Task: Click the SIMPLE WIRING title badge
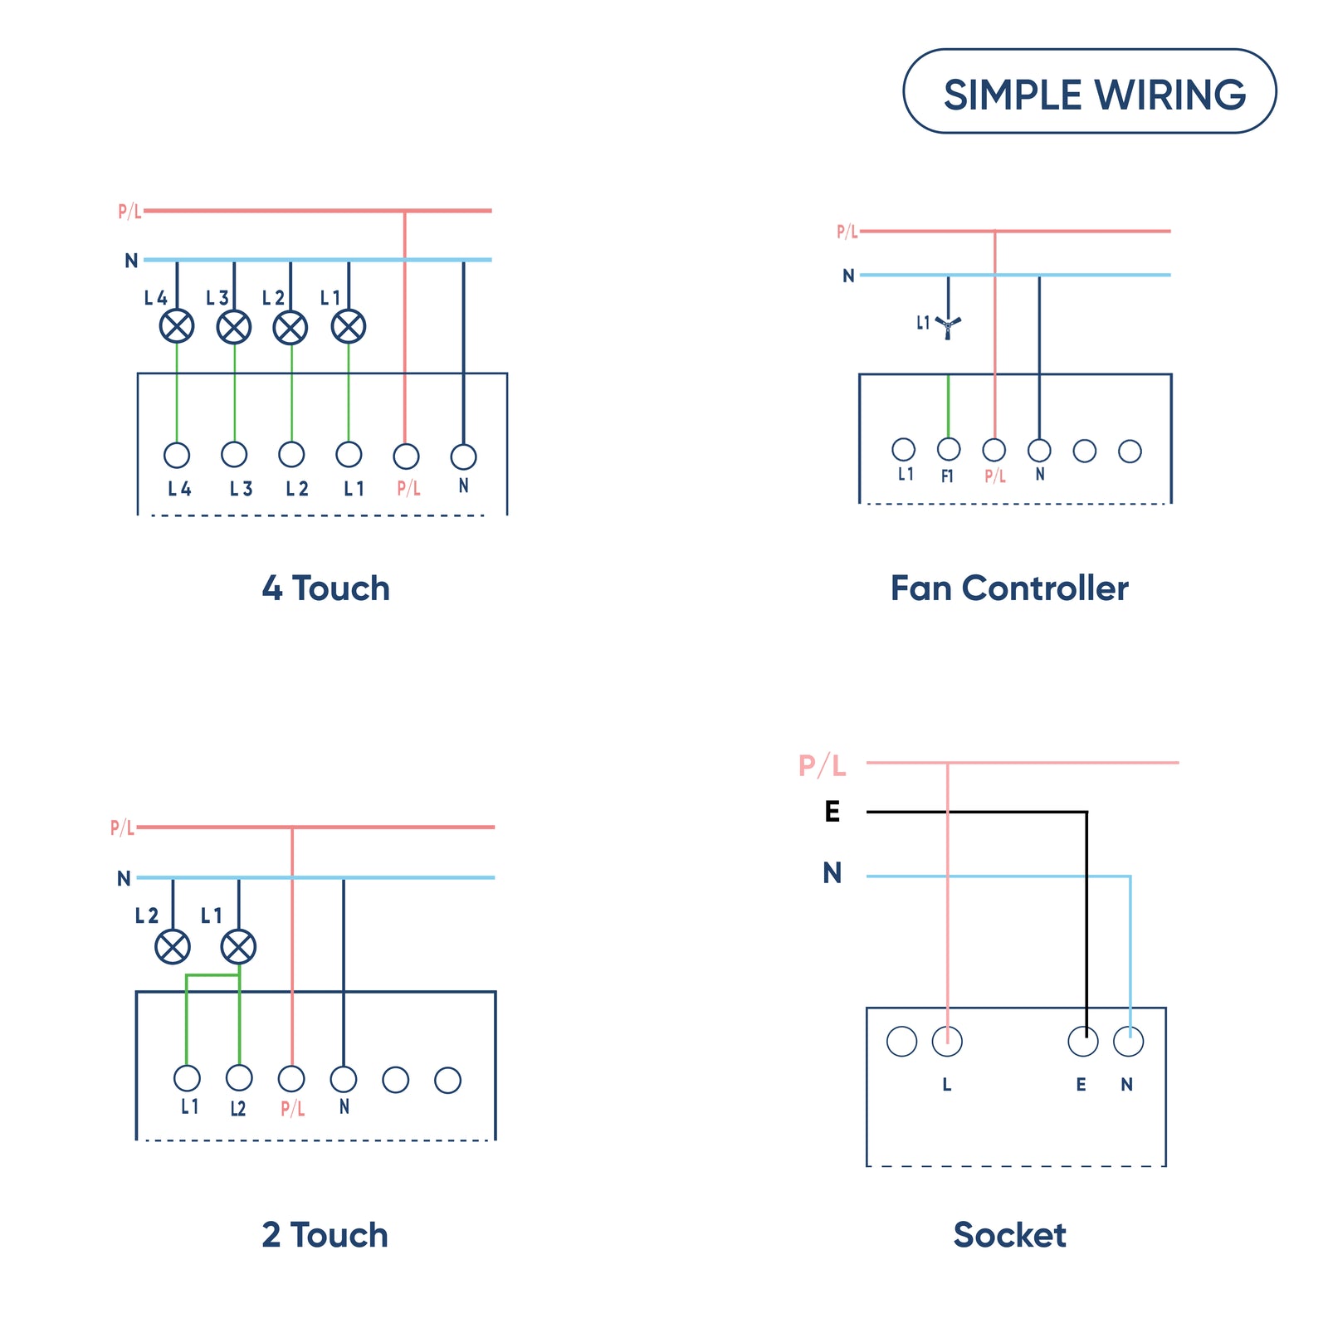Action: (1089, 91)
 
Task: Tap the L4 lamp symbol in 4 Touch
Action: (177, 326)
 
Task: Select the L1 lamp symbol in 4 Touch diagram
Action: (349, 326)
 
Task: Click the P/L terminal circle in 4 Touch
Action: (406, 456)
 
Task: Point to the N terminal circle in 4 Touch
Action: (463, 456)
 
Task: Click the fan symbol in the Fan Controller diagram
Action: (948, 325)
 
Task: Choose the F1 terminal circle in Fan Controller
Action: (949, 449)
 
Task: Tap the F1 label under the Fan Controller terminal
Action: (947, 476)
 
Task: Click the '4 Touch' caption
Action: (325, 588)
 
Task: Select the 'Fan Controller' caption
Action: (1009, 588)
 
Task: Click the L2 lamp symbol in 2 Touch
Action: (173, 946)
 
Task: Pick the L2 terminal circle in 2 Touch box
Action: (239, 1077)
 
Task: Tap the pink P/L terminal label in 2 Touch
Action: (292, 1108)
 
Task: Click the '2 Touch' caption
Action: (325, 1235)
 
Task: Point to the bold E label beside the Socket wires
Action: (832, 811)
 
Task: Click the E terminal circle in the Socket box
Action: (1083, 1041)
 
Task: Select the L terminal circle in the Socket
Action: (947, 1041)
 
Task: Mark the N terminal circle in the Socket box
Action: (1128, 1041)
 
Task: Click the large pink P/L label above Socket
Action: (822, 765)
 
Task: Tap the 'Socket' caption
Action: (1009, 1235)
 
